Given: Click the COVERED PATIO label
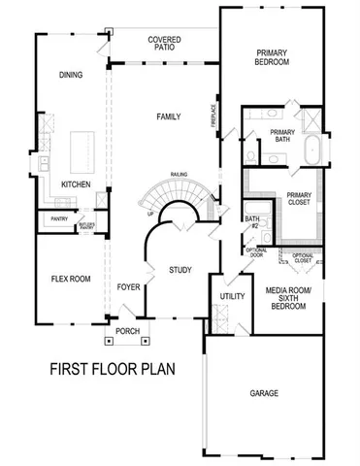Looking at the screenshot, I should click(x=164, y=45).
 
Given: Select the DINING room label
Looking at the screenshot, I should click(x=71, y=75).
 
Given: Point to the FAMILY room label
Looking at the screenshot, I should click(x=170, y=116).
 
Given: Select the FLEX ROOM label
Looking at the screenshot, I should click(x=71, y=279).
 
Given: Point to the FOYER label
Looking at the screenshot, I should click(x=128, y=287).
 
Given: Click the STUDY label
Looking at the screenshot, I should click(x=180, y=269).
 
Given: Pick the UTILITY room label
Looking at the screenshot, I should click(x=231, y=295).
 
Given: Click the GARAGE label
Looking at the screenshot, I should click(x=263, y=393).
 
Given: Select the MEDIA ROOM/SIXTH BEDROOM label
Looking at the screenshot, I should click(x=286, y=296).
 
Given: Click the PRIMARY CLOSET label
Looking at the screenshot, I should click(x=300, y=200).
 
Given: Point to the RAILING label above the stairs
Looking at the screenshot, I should click(x=179, y=175).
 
